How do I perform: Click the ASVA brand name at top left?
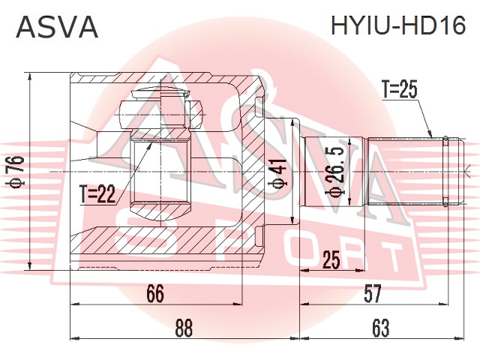[x=57, y=27]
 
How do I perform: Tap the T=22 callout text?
[x=97, y=194]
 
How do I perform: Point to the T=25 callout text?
[x=400, y=89]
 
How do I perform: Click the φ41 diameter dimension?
[x=278, y=173]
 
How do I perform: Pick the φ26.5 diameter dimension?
[x=335, y=170]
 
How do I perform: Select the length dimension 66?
[x=155, y=293]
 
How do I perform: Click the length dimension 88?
[x=184, y=328]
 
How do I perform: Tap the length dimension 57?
[x=373, y=293]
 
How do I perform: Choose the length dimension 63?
[x=380, y=328]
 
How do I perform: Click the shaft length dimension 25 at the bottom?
[x=331, y=260]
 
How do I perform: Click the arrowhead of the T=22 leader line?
[x=150, y=145]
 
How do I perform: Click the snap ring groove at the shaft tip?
[x=445, y=172]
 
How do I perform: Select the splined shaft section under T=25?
[x=406, y=171]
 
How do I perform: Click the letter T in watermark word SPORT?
[x=385, y=258]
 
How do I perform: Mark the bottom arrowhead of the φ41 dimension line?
[x=293, y=221]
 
